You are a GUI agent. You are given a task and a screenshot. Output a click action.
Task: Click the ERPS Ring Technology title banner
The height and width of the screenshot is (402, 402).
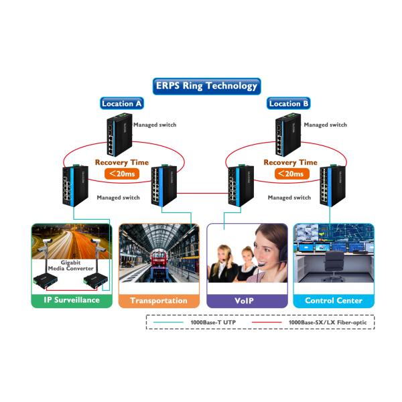pos(206,86)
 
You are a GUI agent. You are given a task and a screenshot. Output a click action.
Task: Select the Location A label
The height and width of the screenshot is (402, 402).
pos(121,104)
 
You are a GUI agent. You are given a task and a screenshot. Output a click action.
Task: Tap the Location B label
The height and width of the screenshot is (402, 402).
pos(288,104)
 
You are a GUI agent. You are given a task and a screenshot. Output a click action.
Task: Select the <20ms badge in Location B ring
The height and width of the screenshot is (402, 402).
pos(289,175)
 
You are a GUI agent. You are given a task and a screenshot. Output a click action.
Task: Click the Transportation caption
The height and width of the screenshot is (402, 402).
pos(159,300)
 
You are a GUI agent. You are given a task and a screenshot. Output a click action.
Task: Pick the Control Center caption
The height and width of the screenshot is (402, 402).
pos(333,300)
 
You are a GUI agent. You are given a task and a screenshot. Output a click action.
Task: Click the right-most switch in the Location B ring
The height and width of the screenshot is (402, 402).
pos(332,187)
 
